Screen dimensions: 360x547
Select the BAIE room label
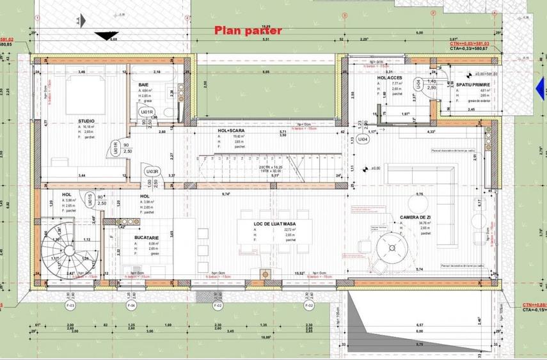coord(143,84)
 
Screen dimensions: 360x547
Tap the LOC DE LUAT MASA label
coord(274,223)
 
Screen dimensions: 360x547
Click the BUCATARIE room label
coord(147,237)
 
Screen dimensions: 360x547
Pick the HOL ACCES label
coord(389,77)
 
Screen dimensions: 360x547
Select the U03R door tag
coord(152,171)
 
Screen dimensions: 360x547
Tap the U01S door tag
coord(90,197)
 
